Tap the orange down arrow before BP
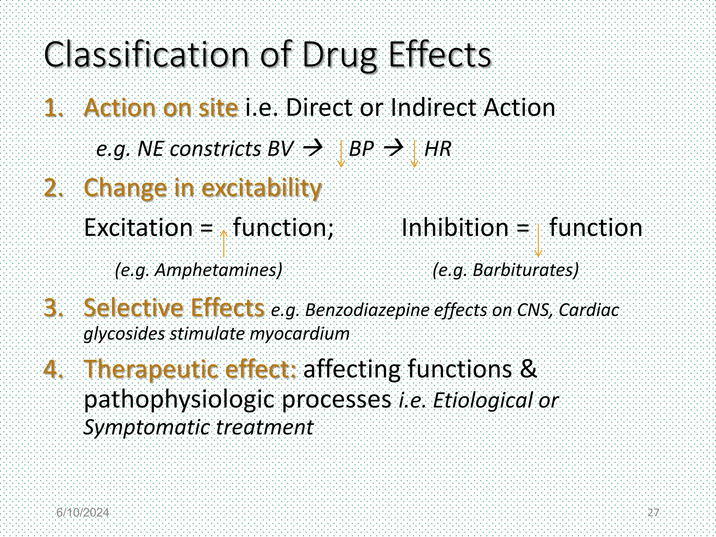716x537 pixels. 341,153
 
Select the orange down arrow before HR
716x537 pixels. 414,153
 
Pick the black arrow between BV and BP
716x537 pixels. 313,149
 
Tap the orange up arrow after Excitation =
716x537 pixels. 223,243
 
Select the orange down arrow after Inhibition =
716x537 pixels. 538,241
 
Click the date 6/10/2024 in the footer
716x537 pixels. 83,513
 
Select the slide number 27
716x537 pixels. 653,513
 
